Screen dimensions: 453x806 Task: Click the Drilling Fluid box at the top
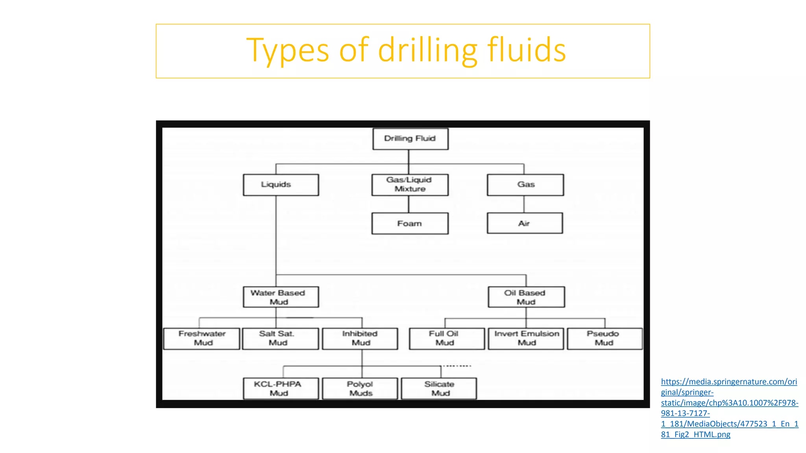(x=410, y=139)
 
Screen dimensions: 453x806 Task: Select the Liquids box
(x=281, y=185)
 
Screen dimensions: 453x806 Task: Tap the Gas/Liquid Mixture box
(x=410, y=185)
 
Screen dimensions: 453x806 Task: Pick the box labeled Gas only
(x=525, y=185)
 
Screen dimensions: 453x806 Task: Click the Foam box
(x=410, y=223)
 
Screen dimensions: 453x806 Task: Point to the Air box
(x=525, y=223)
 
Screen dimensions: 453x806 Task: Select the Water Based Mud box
(x=281, y=297)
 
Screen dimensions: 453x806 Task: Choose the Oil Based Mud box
(x=526, y=297)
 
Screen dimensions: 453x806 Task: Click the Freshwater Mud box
(x=201, y=339)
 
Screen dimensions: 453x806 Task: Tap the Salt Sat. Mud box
(x=280, y=339)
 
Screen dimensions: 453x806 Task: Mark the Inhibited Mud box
(x=360, y=339)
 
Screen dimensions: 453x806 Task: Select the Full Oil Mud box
(x=447, y=339)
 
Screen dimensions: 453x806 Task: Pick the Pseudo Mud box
(x=604, y=339)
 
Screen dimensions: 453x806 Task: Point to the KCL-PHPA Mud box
(x=281, y=389)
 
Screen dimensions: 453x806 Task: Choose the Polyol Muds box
(x=360, y=389)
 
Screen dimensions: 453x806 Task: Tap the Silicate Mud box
(x=439, y=389)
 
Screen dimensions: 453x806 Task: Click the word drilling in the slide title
(x=427, y=51)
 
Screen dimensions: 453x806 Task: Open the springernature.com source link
(x=729, y=408)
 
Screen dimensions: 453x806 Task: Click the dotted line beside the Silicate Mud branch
(x=457, y=366)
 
